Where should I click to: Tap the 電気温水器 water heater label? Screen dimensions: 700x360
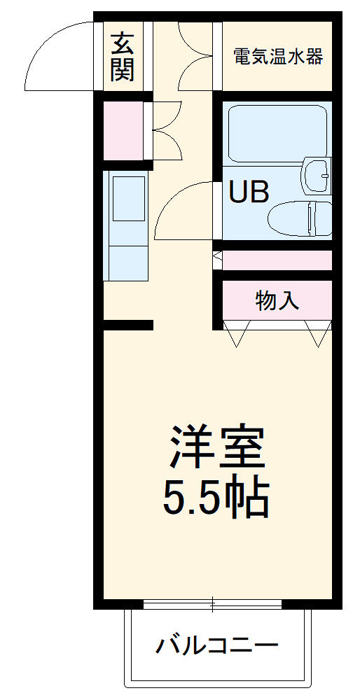click(278, 57)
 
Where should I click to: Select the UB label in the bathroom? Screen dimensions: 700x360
click(249, 192)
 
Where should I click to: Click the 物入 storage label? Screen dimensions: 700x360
click(277, 301)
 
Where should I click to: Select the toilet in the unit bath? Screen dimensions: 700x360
click(300, 218)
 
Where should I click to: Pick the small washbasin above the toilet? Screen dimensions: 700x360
click(316, 175)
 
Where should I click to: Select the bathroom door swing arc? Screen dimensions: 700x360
click(184, 210)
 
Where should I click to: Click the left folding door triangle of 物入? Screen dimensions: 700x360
click(236, 334)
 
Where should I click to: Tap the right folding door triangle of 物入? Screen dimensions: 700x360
click(317, 334)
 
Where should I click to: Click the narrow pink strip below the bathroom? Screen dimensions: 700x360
click(277, 260)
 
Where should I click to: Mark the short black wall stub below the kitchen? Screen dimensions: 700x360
click(128, 325)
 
